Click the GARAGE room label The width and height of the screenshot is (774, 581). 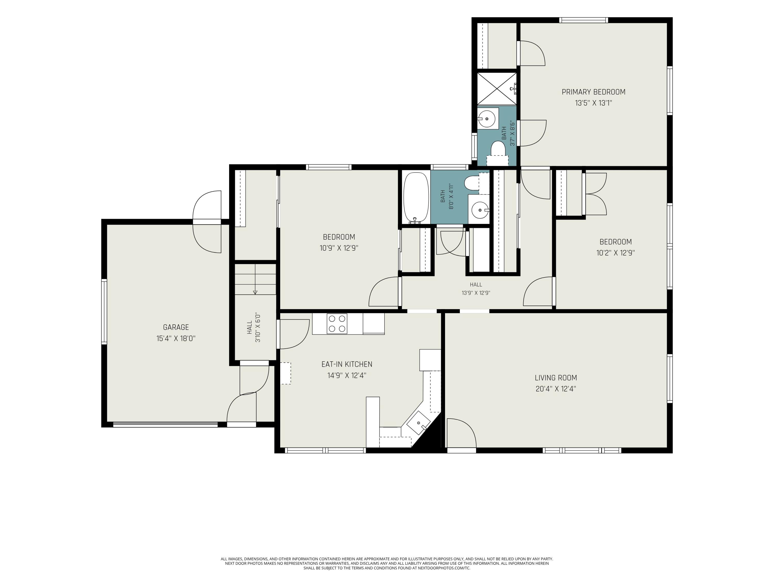(176, 327)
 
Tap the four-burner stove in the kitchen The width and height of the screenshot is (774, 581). (337, 324)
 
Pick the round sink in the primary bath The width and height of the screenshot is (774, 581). (487, 118)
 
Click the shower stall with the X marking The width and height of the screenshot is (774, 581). (497, 89)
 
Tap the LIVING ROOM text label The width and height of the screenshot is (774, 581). (556, 378)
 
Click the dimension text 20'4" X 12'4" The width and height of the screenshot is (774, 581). (556, 389)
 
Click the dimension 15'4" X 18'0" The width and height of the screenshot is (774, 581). (176, 338)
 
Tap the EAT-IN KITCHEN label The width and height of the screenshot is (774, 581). (347, 364)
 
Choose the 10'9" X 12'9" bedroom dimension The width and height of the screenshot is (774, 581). (339, 248)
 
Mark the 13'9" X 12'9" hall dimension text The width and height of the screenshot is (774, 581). (476, 293)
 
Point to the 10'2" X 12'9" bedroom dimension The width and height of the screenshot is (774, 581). (616, 253)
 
